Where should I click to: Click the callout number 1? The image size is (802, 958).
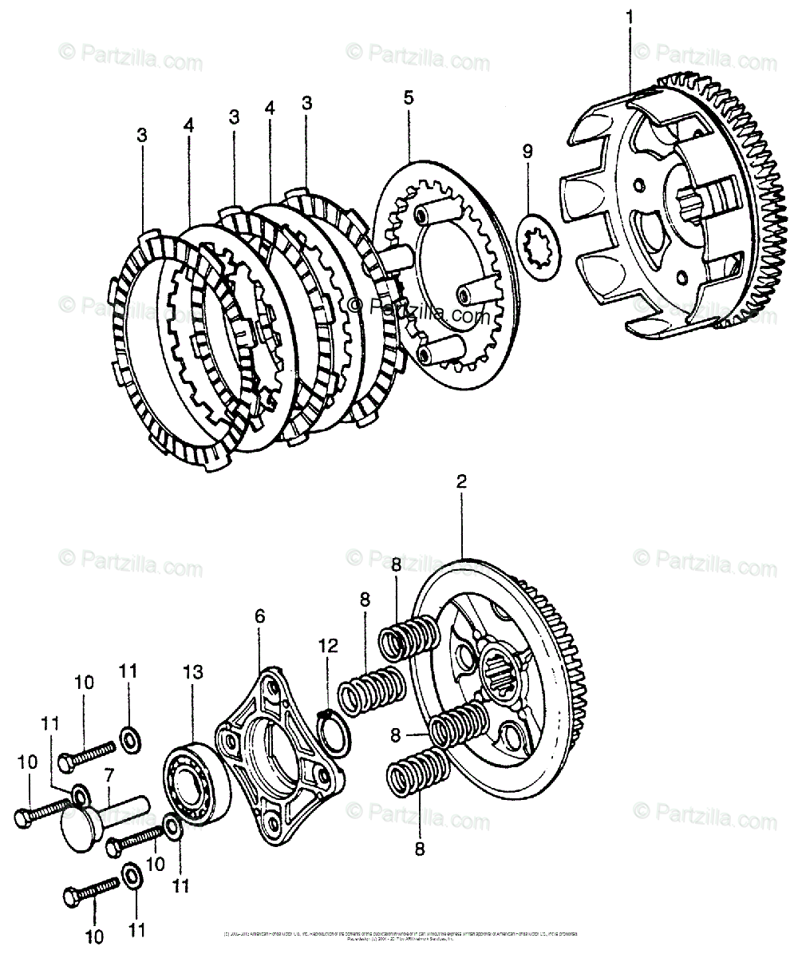630,16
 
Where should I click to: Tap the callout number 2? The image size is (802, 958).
461,482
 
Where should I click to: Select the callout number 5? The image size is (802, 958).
408,97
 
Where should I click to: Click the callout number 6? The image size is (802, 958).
259,616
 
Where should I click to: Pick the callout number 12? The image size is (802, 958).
328,643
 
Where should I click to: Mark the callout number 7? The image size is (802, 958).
109,774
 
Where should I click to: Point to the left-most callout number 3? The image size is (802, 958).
141,135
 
